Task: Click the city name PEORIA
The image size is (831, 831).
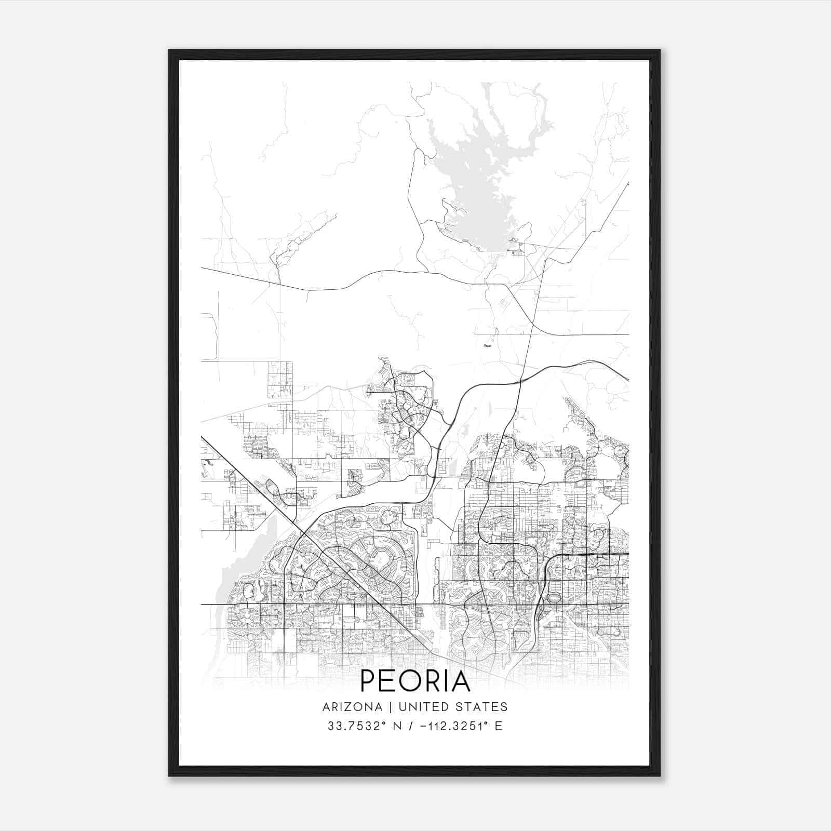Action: pos(415,681)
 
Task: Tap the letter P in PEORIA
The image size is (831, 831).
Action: pos(369,681)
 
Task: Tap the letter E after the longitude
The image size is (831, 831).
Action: pos(499,726)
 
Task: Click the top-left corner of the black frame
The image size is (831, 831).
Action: pos(169,50)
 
